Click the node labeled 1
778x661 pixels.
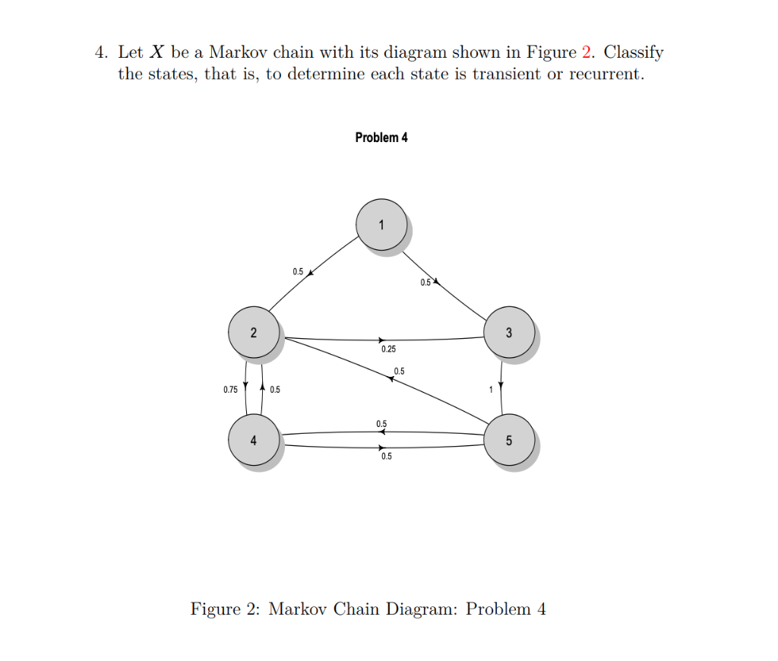click(381, 224)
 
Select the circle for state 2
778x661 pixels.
click(254, 333)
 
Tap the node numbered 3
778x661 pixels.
click(509, 333)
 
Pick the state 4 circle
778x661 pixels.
click(254, 440)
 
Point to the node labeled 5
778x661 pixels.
click(509, 440)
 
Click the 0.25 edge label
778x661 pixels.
click(388, 349)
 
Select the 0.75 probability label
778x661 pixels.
click(230, 390)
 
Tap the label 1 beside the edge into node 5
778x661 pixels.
click(492, 390)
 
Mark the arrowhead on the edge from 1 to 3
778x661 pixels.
click(436, 282)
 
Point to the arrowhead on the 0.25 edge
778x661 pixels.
click(383, 339)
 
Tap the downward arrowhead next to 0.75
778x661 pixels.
click(245, 384)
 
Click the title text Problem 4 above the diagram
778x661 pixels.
click(381, 138)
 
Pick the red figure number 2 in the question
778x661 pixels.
click(586, 52)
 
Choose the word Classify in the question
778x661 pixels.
click(634, 53)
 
